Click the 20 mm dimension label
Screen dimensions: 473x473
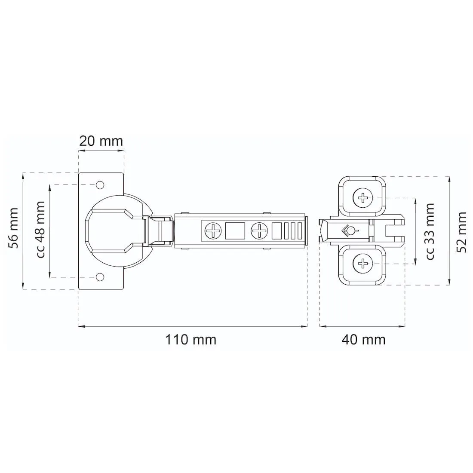click(x=101, y=141)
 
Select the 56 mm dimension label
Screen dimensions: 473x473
click(x=13, y=228)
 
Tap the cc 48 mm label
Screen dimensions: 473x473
click(x=40, y=230)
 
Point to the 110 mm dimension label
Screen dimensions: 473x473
click(x=190, y=340)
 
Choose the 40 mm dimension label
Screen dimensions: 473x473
click(x=363, y=340)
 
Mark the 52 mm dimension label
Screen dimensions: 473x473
click(x=461, y=232)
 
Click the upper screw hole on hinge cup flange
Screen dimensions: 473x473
click(x=100, y=185)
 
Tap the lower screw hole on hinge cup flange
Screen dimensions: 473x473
click(x=100, y=277)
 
